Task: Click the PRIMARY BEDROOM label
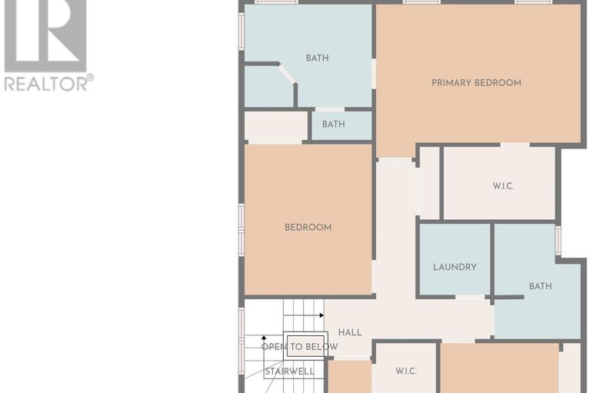[x=476, y=83]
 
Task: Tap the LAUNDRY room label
[x=455, y=267]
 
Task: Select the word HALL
[x=350, y=332]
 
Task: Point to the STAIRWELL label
[x=289, y=371]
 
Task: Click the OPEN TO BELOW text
[x=299, y=347]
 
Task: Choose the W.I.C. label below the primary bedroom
[x=503, y=186]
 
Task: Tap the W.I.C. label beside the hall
[x=406, y=371]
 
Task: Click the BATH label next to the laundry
[x=540, y=286]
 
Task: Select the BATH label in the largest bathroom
[x=317, y=58]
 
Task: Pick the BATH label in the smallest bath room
[x=333, y=124]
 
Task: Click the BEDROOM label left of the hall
[x=308, y=228]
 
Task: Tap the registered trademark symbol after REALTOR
[x=91, y=78]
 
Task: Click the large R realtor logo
[x=45, y=35]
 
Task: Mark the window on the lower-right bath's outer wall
[x=558, y=240]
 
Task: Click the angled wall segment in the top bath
[x=288, y=74]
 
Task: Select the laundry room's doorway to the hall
[x=470, y=297]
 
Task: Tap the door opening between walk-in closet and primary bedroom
[x=515, y=145]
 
